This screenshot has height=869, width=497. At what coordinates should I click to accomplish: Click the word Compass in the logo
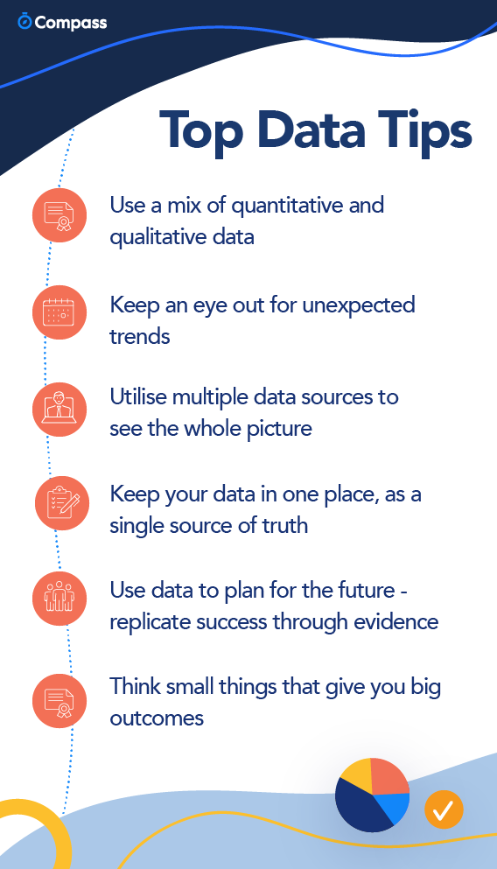(70, 23)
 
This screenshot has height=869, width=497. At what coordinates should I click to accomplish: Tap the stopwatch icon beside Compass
(24, 21)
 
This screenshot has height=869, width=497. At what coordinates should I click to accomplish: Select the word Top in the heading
(202, 133)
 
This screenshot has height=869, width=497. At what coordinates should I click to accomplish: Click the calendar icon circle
(59, 312)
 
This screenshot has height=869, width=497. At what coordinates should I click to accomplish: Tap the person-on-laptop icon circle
(59, 410)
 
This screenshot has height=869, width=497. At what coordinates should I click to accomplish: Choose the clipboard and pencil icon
(62, 502)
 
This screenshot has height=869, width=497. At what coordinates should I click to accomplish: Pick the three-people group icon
(59, 599)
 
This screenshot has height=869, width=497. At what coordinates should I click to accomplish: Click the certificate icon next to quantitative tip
(59, 215)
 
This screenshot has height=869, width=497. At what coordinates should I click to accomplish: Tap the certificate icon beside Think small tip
(59, 700)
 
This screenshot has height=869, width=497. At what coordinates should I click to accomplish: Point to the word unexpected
(359, 306)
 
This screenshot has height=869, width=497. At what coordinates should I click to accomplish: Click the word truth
(284, 525)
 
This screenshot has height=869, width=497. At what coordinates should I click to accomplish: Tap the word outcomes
(157, 718)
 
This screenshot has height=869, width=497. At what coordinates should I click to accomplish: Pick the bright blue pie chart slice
(395, 806)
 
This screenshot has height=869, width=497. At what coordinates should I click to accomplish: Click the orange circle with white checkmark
(444, 809)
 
